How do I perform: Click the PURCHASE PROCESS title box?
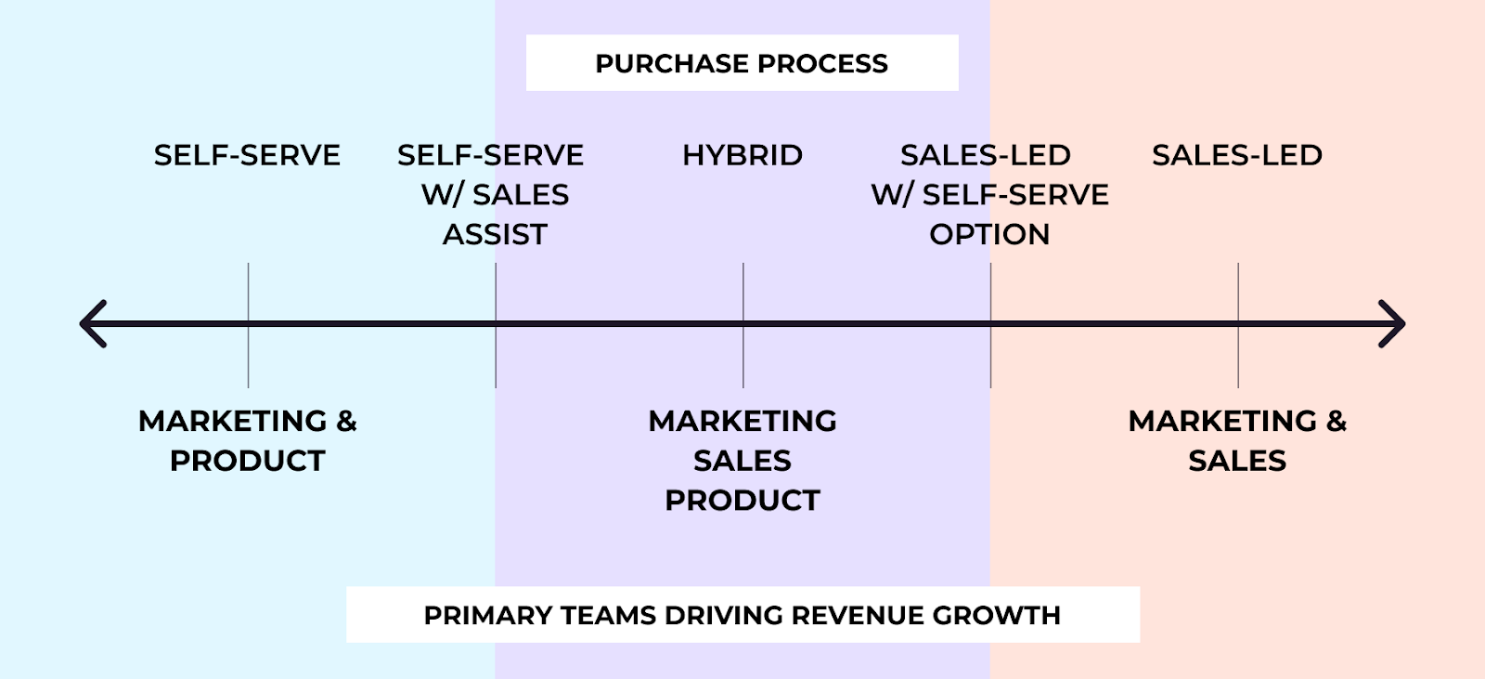pos(742,63)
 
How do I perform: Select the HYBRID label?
pos(742,155)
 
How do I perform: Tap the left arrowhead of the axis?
pos(94,324)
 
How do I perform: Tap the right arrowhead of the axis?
pos(1392,324)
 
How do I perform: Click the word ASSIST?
pos(495,234)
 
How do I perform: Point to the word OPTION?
pos(989,234)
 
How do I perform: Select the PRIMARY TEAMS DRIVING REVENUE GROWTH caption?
pos(742,615)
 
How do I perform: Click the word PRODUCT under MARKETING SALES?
pos(742,500)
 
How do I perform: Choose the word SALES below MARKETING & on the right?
pos(1237,461)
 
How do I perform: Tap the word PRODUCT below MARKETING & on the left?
pos(248,461)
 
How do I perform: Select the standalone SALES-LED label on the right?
pos(1237,155)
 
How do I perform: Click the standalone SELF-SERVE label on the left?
pos(247,155)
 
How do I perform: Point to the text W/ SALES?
pos(495,195)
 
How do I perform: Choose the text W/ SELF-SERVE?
pos(989,195)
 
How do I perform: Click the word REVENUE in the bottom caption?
pos(859,615)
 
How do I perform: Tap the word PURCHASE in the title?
pos(659,63)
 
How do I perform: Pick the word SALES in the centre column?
pos(742,461)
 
